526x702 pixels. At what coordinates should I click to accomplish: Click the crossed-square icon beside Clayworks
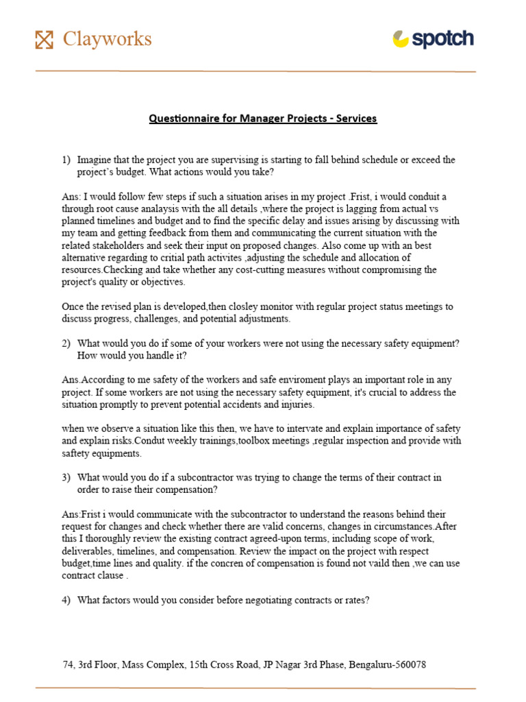(44, 40)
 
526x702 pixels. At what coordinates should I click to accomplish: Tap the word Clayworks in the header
(107, 39)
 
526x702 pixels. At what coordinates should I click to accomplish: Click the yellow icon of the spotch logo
(401, 39)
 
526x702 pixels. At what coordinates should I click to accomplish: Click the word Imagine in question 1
(95, 160)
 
